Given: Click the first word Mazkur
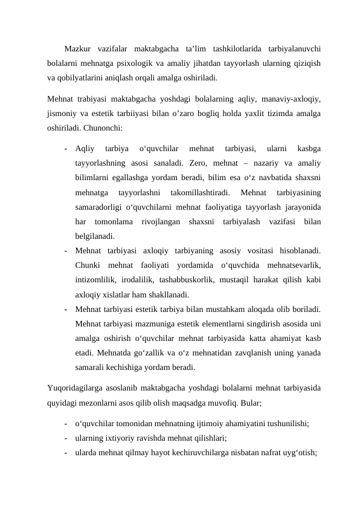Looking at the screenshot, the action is click(x=78, y=48).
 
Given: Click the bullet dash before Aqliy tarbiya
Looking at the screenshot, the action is click(x=64, y=148).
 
